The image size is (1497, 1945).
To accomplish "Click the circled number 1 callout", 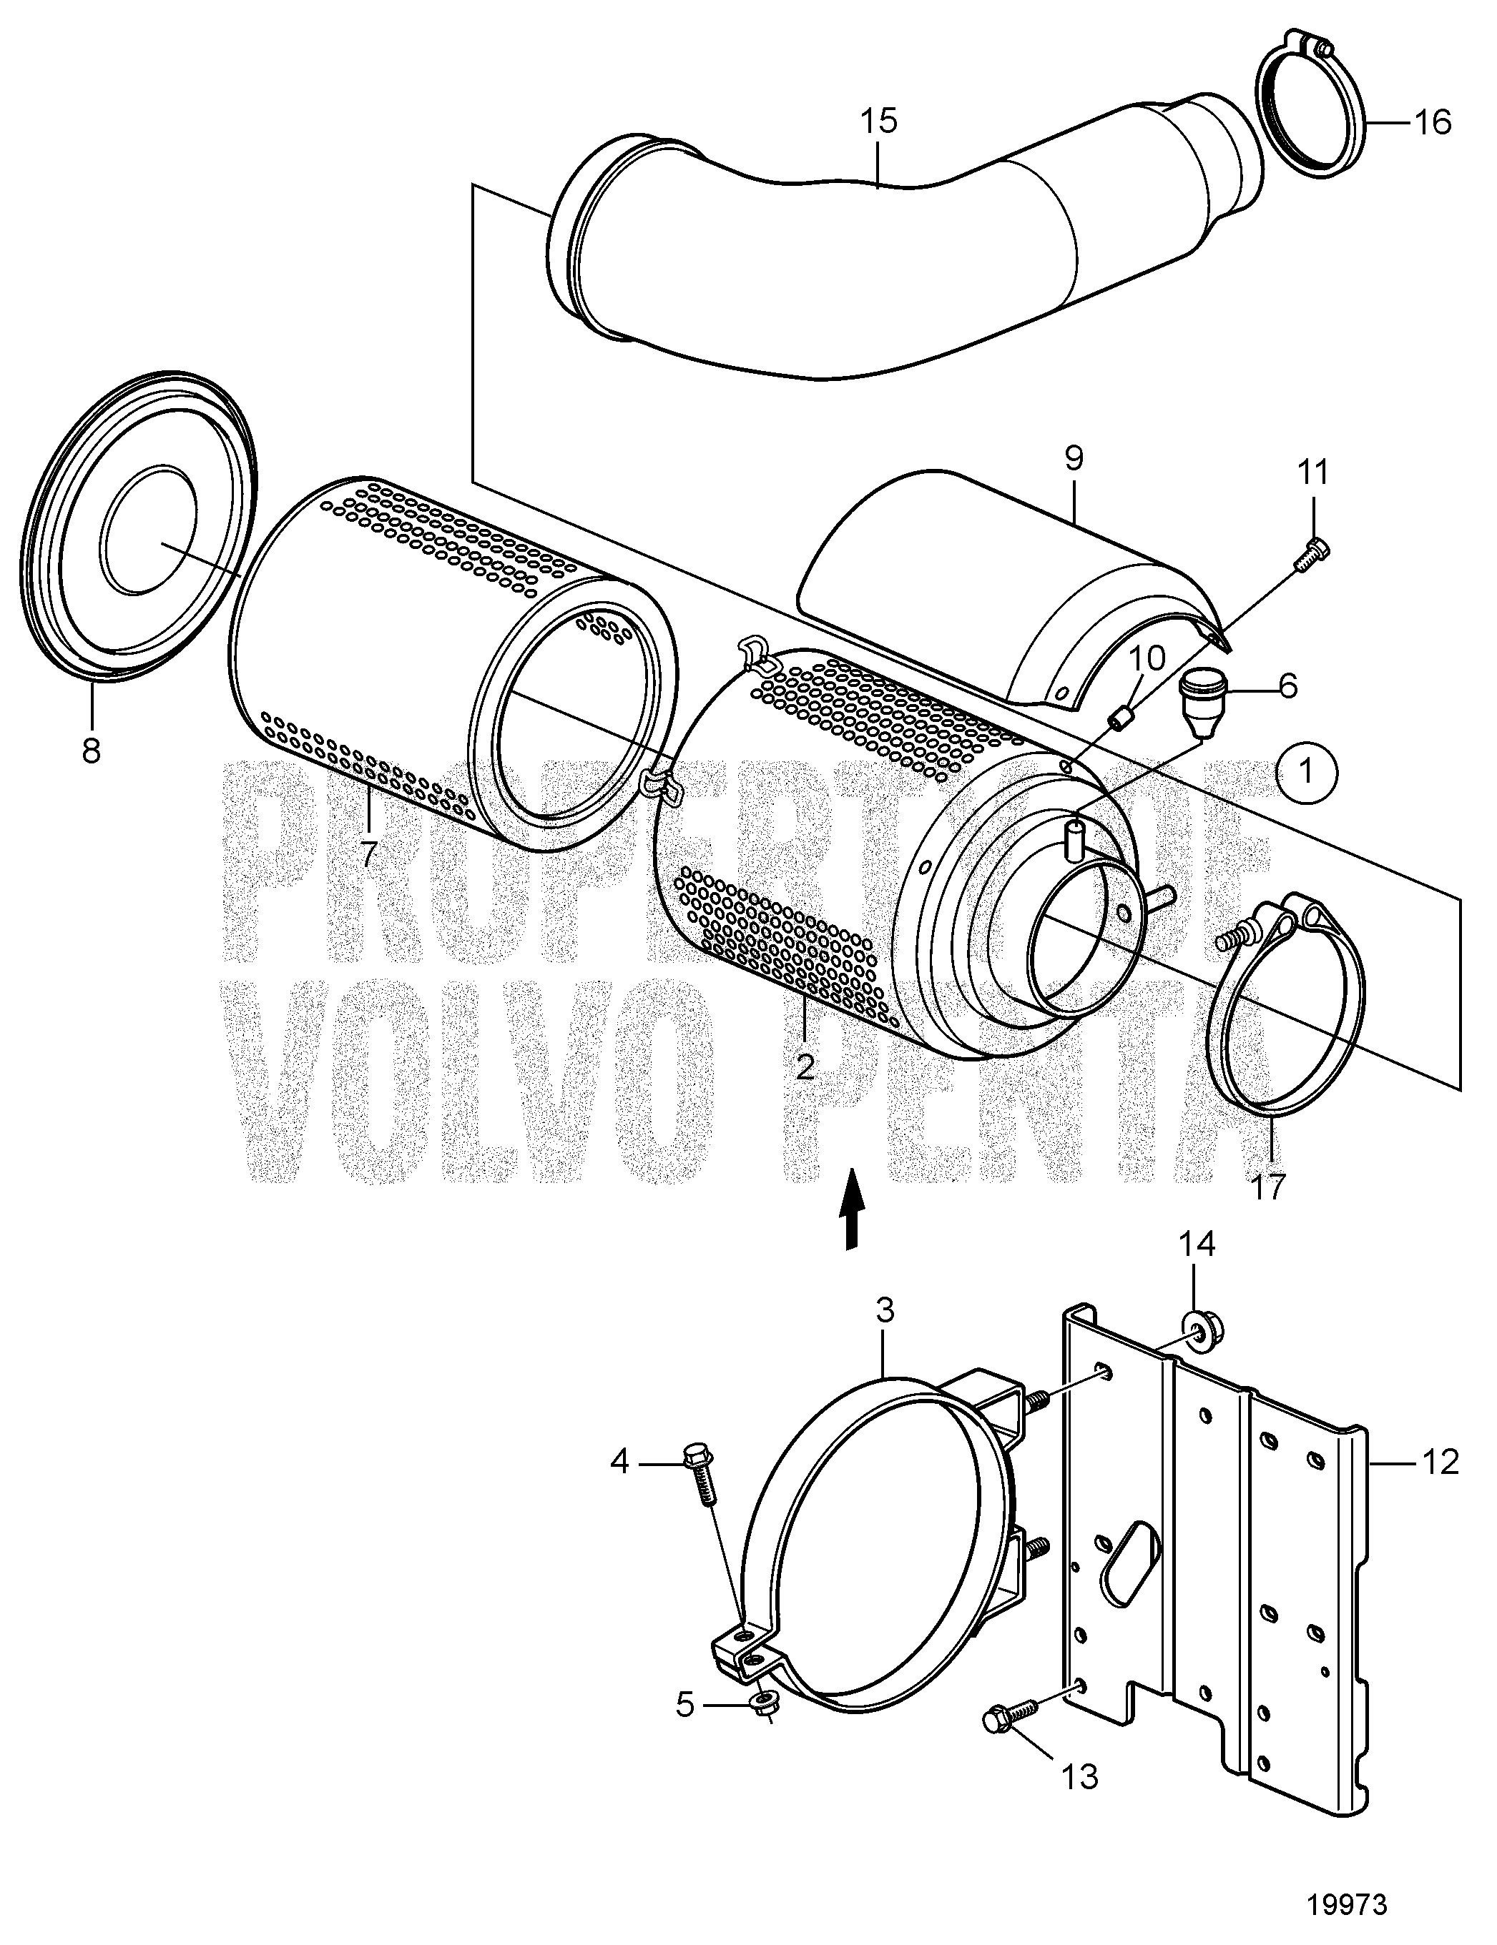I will tap(1307, 772).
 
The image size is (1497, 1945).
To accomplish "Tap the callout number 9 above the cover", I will tap(1073, 460).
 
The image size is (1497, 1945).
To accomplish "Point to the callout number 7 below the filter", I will tap(368, 853).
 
